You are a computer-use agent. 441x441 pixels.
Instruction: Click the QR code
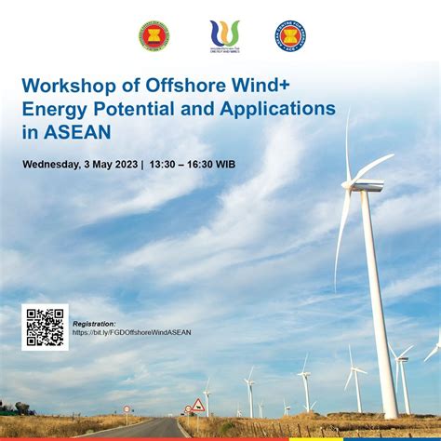coord(45,327)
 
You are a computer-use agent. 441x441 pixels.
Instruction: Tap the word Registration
coord(94,324)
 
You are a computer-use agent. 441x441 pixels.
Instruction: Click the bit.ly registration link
coord(131,332)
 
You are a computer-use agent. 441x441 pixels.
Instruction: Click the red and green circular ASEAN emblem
coord(154,35)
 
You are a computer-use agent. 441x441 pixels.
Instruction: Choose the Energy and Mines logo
coord(224,35)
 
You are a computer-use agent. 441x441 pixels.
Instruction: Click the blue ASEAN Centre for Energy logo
coord(290,35)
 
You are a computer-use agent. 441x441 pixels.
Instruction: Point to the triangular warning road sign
coord(197,405)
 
